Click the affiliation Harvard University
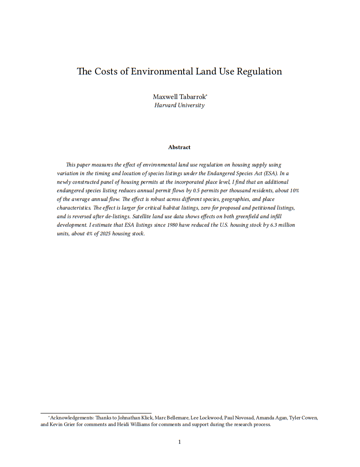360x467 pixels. pos(179,105)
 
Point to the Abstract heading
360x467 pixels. pos(179,147)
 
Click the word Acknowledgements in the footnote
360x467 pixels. pos(70,418)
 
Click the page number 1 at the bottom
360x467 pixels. pos(179,442)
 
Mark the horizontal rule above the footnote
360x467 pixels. pos(96,413)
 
